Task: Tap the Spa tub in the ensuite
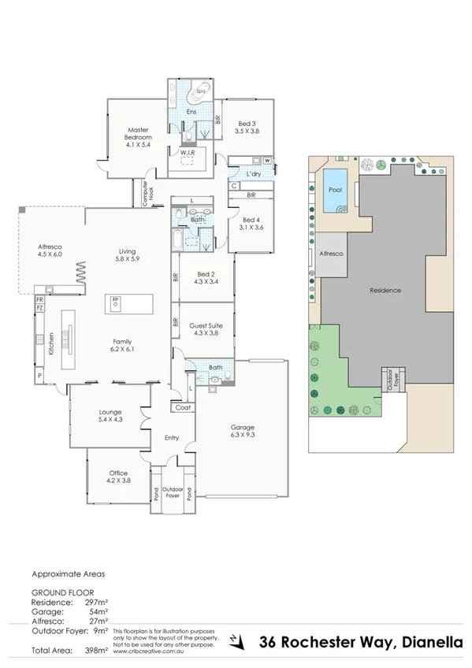coord(190,91)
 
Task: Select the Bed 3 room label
coord(247,127)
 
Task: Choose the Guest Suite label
coord(204,328)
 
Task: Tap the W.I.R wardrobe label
coord(188,153)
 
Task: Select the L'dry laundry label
coord(253,173)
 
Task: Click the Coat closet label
coord(183,407)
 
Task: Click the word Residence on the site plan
coord(385,291)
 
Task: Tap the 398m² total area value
coord(95,650)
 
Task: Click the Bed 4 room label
coord(251,224)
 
